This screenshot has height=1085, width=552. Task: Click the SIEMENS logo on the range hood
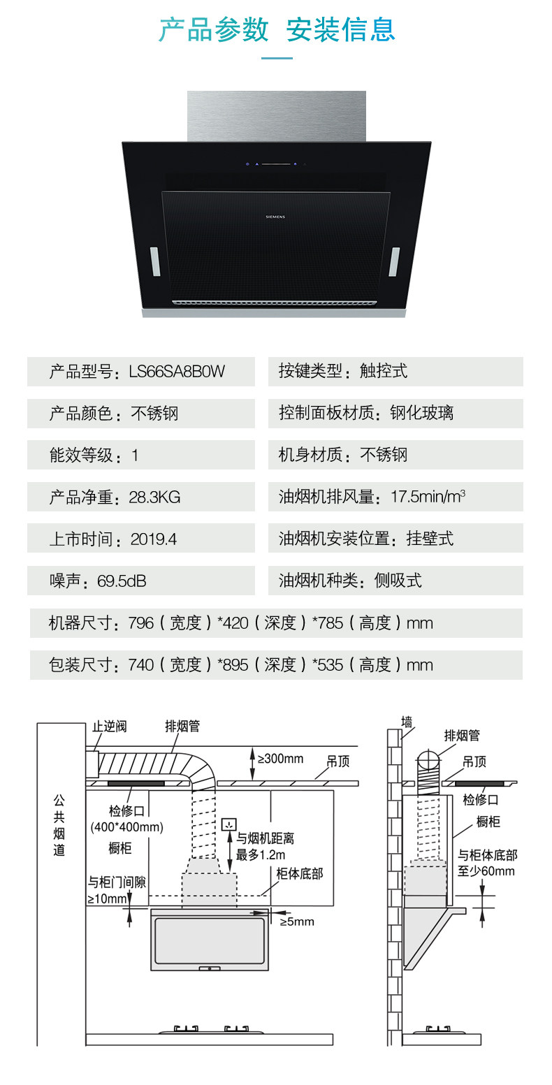pos(275,217)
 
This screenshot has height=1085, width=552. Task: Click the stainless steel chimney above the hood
pos(276,116)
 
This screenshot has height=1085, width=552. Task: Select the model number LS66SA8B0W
pos(177,372)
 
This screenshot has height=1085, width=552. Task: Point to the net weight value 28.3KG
pos(154,497)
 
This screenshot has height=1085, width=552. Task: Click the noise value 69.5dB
pos(122,581)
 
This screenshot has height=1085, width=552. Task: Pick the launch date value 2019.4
pos(154,539)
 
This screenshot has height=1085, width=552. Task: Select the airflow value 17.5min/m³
pos(428,497)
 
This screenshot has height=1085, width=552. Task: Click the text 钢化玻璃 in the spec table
pos(421,414)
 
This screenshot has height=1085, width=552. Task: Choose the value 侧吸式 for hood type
pos(398,581)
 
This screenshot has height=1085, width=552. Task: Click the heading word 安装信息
pos(341,30)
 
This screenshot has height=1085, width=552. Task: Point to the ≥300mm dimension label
pos(280,759)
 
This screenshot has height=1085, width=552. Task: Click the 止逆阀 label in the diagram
pos(110,727)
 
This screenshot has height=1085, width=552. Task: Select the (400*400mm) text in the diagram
pos(127,828)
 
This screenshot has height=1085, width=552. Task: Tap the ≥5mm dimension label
pos(297,922)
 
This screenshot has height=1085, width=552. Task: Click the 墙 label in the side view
pos(407,721)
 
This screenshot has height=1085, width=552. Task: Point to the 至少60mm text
pos(486,871)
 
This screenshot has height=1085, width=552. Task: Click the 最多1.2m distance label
pos(260,854)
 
